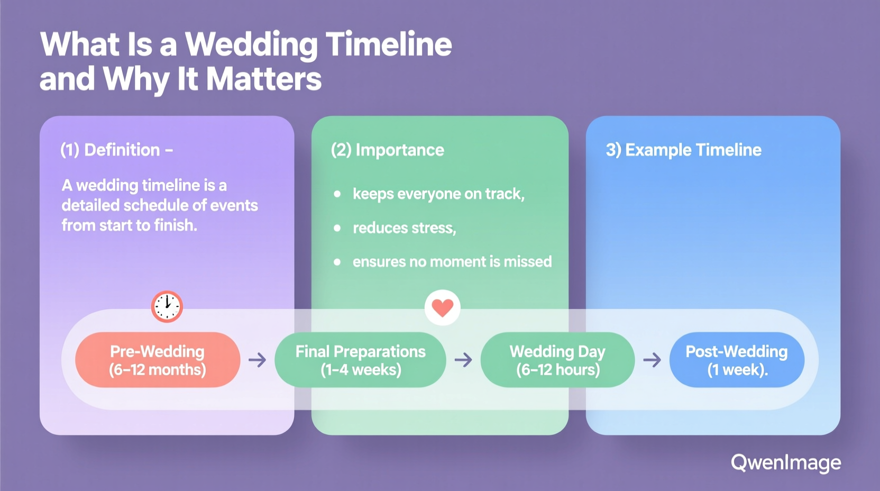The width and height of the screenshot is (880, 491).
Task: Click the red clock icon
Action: (x=167, y=306)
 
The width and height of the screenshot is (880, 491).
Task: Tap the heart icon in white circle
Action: (x=443, y=307)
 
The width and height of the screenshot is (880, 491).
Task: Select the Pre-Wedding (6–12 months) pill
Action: (x=158, y=360)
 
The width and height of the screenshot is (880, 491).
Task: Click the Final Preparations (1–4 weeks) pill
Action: (x=360, y=360)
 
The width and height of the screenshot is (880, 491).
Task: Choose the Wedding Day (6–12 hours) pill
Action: (x=557, y=360)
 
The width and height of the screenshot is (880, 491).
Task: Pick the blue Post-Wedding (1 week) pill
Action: (x=737, y=360)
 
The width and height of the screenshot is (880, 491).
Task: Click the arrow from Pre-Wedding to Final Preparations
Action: (x=258, y=360)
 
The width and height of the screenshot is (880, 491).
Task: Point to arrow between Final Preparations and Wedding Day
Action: (x=463, y=360)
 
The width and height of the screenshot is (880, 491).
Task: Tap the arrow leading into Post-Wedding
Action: (x=652, y=360)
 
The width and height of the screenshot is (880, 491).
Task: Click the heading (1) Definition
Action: (x=116, y=150)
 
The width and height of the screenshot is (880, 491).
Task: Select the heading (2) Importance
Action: (x=387, y=150)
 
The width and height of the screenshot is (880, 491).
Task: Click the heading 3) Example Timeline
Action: (x=683, y=150)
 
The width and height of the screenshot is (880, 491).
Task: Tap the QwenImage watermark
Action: (x=785, y=463)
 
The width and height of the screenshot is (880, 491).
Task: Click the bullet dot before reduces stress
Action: (x=337, y=228)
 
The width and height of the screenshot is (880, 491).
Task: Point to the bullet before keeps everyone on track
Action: (x=337, y=194)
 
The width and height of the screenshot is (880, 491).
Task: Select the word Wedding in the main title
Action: (x=251, y=44)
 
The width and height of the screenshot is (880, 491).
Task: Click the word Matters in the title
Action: (x=263, y=79)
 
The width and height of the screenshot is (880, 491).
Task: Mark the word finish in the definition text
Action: (x=175, y=225)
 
